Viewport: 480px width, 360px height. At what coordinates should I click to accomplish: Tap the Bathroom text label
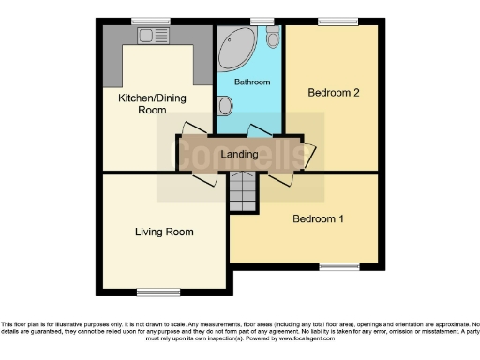point(251,82)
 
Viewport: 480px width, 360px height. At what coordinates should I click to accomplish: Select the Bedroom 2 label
point(334,92)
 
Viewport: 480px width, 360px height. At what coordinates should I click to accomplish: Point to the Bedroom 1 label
point(319,219)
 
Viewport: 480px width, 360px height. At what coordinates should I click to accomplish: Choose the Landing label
point(239,153)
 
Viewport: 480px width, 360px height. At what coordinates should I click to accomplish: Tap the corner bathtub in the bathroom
point(234,48)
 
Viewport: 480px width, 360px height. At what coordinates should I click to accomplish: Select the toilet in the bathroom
point(271,38)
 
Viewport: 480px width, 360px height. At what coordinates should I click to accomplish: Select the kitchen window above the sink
point(144,21)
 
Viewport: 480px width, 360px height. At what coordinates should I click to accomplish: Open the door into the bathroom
point(256,131)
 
